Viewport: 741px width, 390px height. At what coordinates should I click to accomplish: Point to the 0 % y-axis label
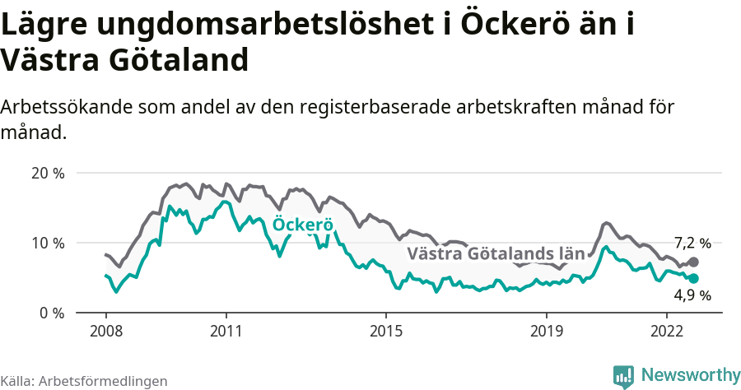tap(51, 313)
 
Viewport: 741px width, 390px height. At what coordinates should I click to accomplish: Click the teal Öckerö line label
tap(302, 225)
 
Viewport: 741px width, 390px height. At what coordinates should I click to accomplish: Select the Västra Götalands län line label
tap(496, 254)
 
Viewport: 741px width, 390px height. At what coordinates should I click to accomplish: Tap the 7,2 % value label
tap(692, 243)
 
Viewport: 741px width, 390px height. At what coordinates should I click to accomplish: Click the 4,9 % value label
tap(692, 295)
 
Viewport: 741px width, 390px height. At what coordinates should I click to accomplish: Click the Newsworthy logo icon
tap(624, 375)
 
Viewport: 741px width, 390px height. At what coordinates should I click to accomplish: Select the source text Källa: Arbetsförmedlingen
tap(84, 382)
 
